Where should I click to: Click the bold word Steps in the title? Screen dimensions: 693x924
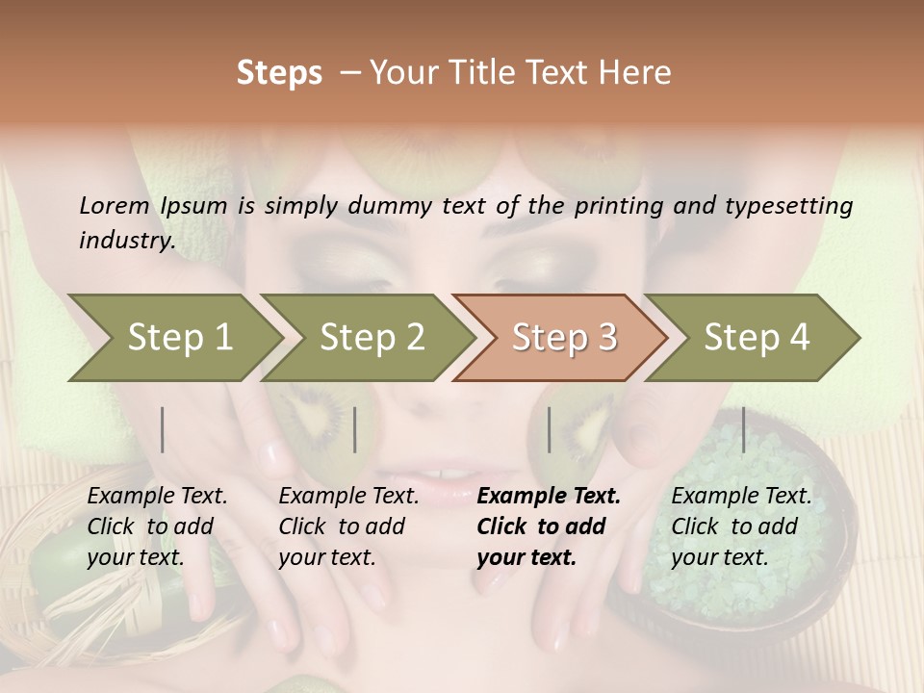(x=279, y=73)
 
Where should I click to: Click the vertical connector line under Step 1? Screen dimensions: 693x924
(x=163, y=429)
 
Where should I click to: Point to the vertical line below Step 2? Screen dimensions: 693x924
(x=355, y=429)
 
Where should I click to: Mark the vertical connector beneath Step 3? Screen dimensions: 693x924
(x=549, y=429)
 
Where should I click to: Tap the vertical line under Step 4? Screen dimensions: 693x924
(x=744, y=429)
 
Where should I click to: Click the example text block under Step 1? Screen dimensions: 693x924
(x=157, y=526)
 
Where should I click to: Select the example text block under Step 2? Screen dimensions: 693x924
(x=348, y=526)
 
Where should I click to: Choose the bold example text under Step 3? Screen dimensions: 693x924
(x=549, y=526)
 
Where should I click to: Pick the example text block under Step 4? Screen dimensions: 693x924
(x=741, y=526)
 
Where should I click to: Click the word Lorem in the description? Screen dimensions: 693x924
(x=115, y=205)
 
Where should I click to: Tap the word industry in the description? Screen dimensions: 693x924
(x=126, y=241)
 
